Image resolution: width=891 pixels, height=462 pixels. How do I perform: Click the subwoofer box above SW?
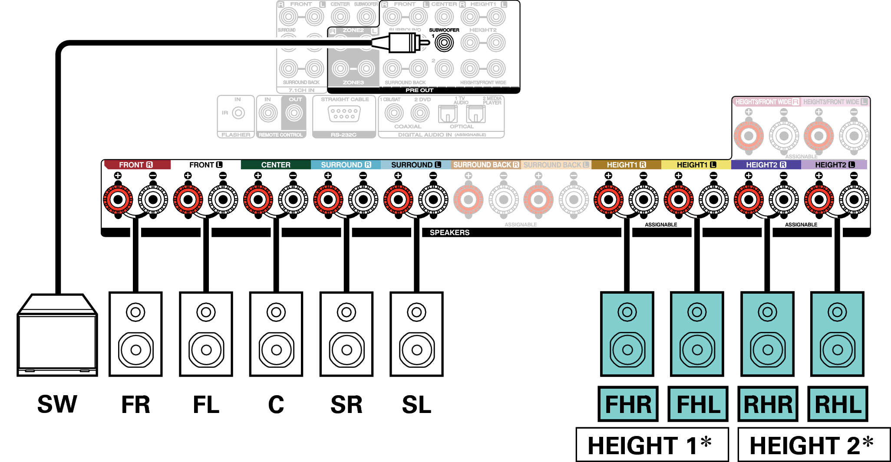point(57,336)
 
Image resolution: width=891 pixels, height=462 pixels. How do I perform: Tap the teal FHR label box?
point(628,404)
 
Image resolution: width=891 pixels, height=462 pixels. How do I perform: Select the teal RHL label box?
point(838,404)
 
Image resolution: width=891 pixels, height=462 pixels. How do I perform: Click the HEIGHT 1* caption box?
point(651,446)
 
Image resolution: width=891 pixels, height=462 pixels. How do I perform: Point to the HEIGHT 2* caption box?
point(813,446)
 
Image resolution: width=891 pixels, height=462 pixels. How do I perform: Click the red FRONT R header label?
point(136,165)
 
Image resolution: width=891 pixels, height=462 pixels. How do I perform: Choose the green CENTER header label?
point(276,165)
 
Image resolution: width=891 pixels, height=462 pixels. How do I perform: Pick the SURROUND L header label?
point(416,165)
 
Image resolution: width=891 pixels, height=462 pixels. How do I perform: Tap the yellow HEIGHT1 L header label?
point(696,165)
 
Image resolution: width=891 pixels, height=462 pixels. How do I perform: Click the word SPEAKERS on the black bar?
point(449,233)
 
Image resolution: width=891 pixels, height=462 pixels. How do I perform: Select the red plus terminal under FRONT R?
point(118,200)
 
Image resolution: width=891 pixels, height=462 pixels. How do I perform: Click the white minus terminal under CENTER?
point(293,200)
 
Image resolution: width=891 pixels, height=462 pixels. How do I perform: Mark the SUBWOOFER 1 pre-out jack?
point(444,43)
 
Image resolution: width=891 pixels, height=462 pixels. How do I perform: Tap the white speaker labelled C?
point(276,334)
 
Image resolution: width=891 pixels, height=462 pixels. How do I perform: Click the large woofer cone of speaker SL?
point(417,350)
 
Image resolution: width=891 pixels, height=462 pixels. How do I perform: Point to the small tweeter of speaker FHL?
point(697,312)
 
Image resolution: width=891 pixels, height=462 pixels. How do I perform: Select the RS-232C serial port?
point(344,114)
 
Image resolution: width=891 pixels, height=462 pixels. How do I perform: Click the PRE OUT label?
point(419,90)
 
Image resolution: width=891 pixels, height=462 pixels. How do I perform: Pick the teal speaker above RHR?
point(767,334)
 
